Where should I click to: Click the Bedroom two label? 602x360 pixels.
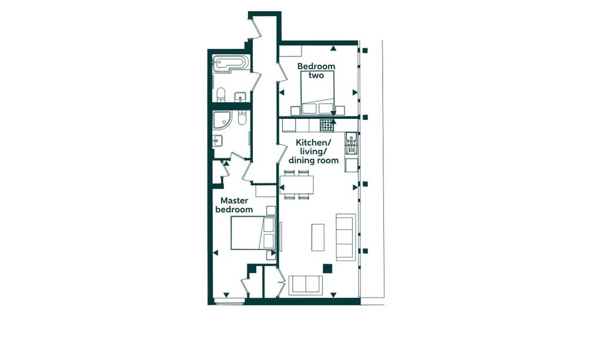click(316, 71)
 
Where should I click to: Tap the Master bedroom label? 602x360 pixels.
click(234, 205)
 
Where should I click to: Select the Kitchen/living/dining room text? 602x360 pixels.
click(314, 151)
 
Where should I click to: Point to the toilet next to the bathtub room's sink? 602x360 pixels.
click(221, 95)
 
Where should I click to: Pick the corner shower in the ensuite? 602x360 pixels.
click(221, 119)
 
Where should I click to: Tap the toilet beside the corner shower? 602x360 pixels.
click(242, 117)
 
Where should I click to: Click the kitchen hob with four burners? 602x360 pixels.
click(327, 125)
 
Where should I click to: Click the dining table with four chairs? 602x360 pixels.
click(297, 185)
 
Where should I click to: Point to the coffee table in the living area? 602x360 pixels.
click(318, 238)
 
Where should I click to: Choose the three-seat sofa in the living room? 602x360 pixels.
click(346, 236)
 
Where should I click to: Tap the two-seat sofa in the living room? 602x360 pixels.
click(306, 285)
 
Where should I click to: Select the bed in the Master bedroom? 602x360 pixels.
click(253, 233)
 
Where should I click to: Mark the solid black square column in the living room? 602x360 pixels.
click(327, 268)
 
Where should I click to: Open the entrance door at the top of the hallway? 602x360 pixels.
click(256, 28)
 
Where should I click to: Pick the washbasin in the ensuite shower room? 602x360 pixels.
click(218, 141)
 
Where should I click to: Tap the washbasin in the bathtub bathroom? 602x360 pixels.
click(240, 96)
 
